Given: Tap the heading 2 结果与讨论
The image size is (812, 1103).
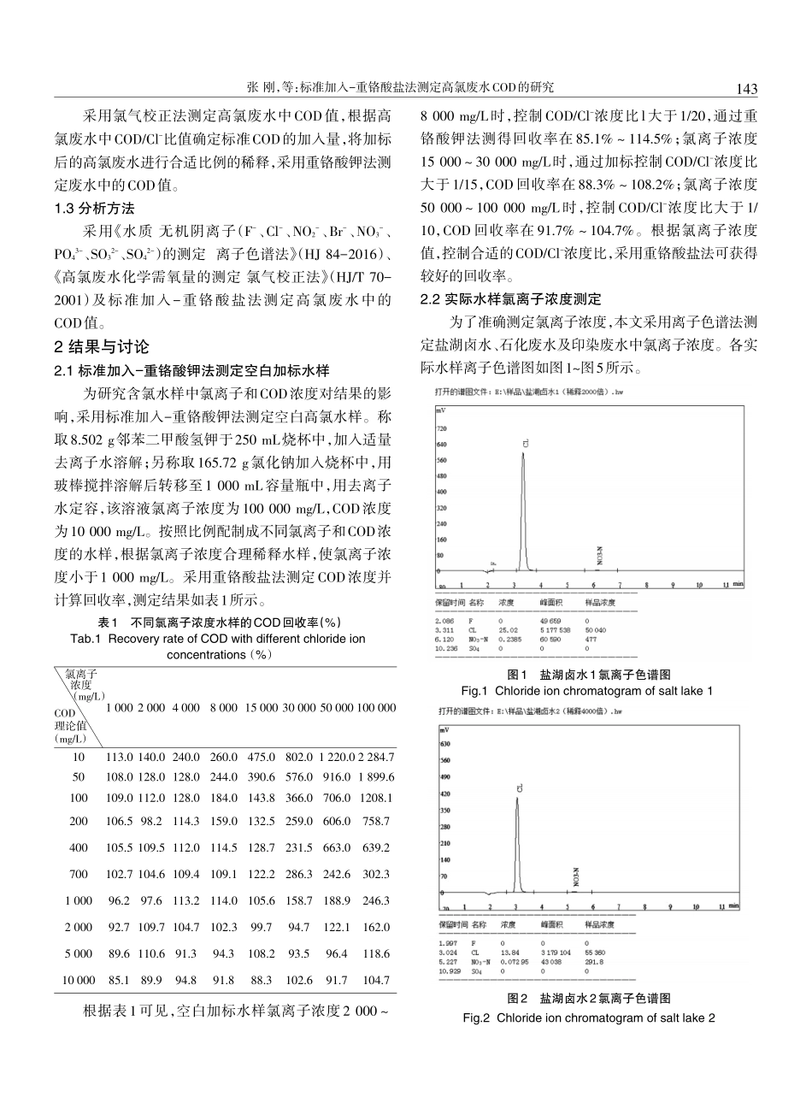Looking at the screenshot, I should tap(101, 347).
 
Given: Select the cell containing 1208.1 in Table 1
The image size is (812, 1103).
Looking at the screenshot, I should tap(376, 797).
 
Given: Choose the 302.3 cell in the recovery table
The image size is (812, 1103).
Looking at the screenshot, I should tap(376, 874).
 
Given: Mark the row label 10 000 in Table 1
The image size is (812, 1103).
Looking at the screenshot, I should tap(79, 980).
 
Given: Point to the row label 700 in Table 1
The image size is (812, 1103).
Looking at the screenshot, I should tap(79, 874).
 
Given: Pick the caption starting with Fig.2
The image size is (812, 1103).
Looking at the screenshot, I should tap(589, 1017).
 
